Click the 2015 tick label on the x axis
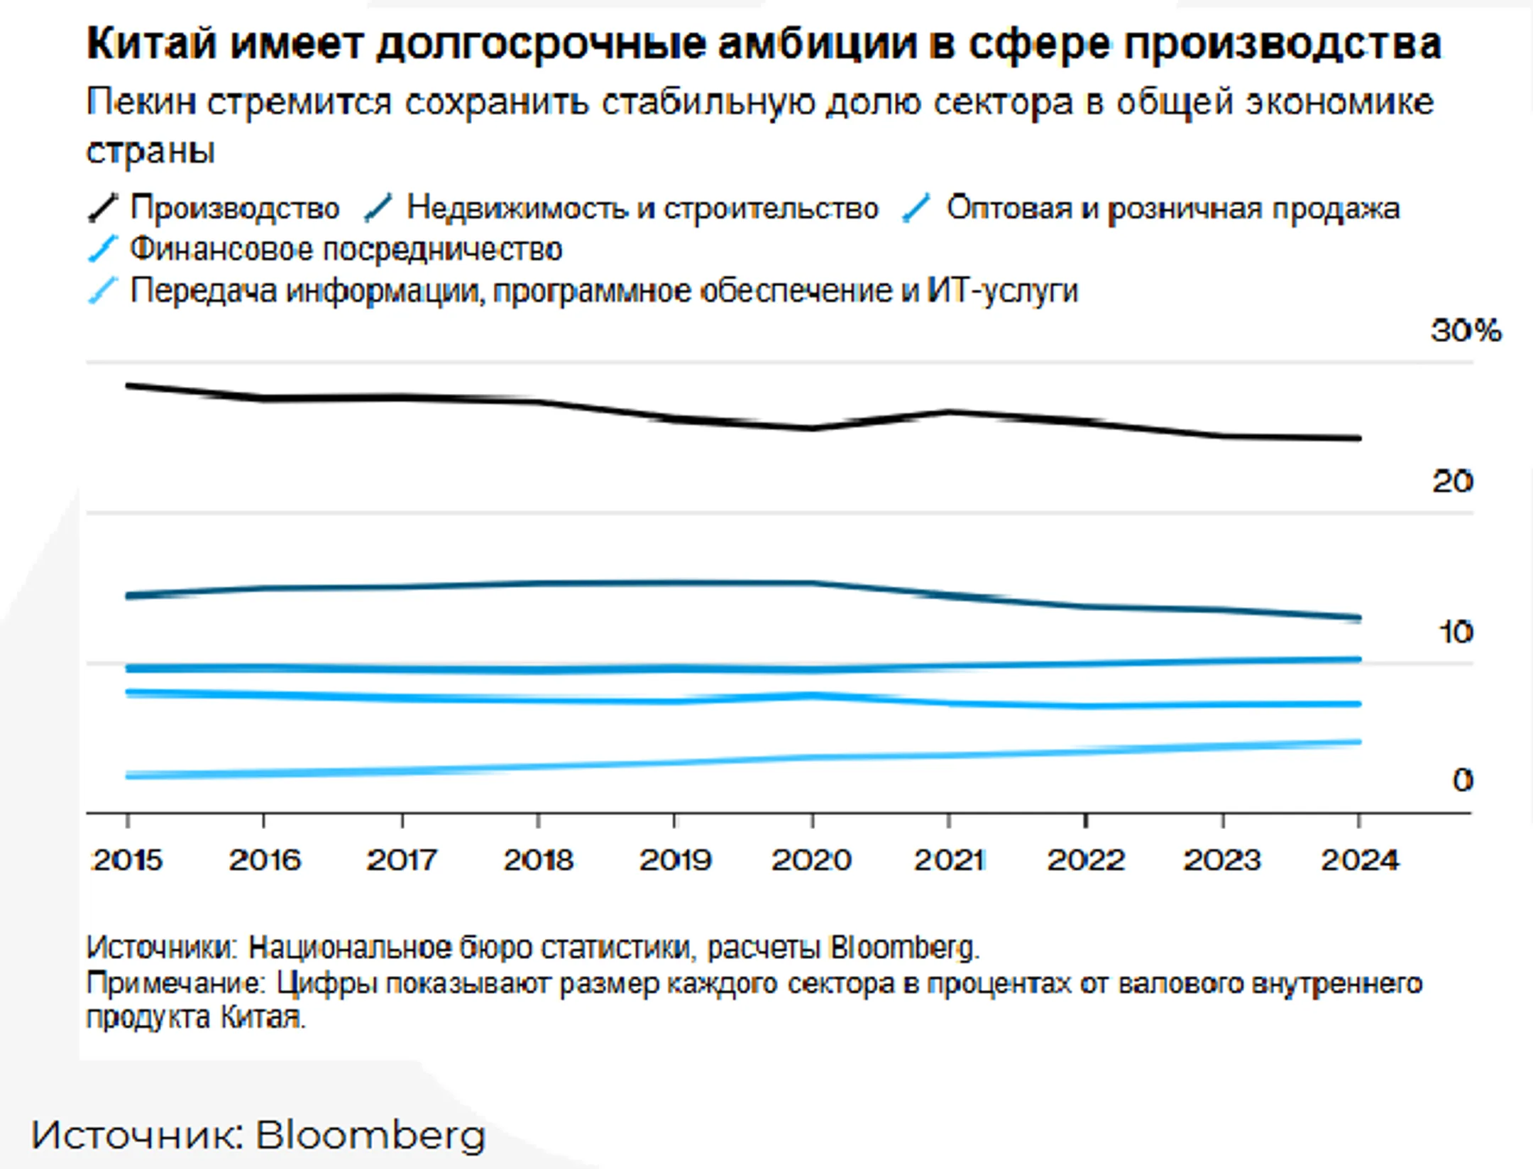(128, 860)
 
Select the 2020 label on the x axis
(812, 860)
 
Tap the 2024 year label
(1360, 860)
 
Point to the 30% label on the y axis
(1466, 331)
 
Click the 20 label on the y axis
(1453, 481)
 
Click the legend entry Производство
(235, 209)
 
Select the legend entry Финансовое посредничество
(346, 250)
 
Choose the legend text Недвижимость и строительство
(642, 209)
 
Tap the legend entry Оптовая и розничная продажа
(1173, 209)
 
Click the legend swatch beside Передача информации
(102, 291)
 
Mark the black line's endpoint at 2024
(1358, 438)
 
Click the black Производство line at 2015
(128, 385)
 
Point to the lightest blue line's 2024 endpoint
(1358, 742)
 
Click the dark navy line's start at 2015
(128, 596)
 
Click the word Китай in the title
(151, 44)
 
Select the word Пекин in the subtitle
(141, 102)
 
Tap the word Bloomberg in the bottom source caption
(370, 1136)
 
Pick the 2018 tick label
(539, 860)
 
